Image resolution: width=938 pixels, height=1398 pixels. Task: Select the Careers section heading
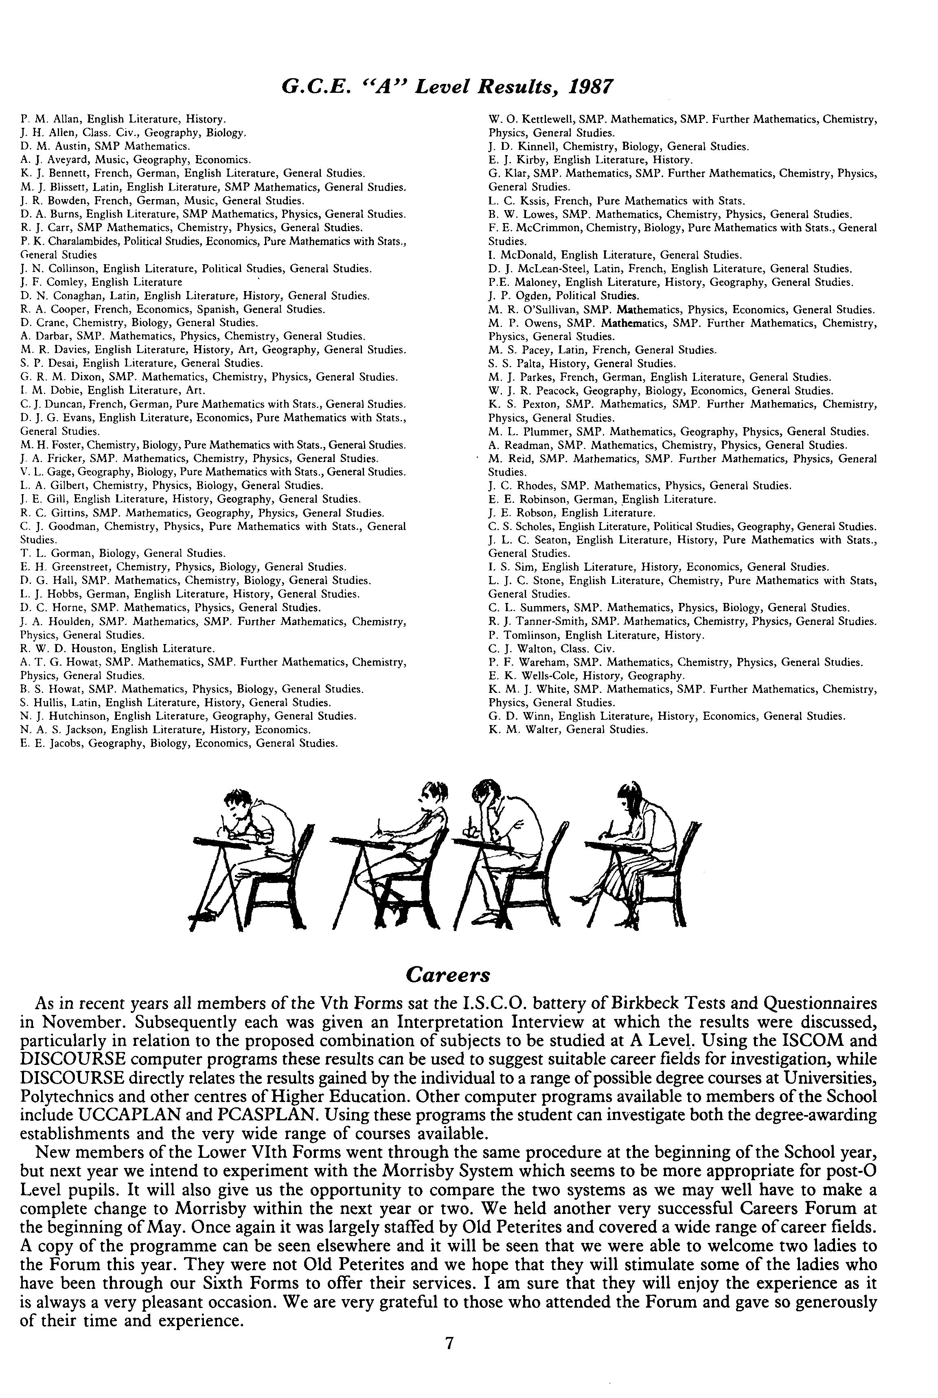[447, 975]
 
